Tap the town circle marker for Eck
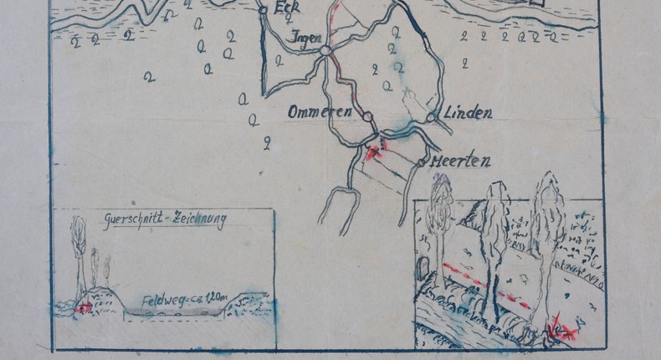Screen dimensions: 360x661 (x=263, y=10)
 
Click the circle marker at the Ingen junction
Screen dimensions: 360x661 (x=325, y=51)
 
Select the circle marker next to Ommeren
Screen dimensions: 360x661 (x=366, y=116)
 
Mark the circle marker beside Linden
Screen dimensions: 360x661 (x=431, y=118)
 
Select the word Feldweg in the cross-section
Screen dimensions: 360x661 (x=161, y=301)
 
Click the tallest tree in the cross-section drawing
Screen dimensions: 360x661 (x=79, y=251)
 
